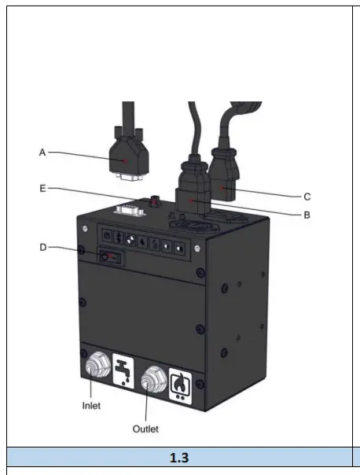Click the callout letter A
[x=42, y=152]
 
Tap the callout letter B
[x=307, y=215]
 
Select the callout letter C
[x=307, y=197]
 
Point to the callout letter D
[x=43, y=247]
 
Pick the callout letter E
[x=42, y=189]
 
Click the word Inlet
[x=91, y=406]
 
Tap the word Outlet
[x=145, y=429]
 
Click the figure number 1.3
[x=179, y=458]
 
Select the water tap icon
[x=123, y=371]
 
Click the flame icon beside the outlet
[x=180, y=386]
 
